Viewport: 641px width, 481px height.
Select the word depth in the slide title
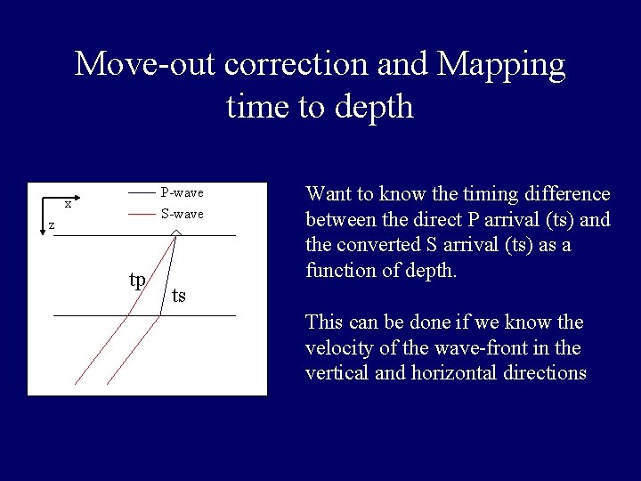point(381,107)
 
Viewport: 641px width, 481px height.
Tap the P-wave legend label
point(182,192)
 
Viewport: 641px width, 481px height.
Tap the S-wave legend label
point(182,214)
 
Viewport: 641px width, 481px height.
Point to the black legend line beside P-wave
point(141,192)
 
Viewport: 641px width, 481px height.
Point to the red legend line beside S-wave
point(141,214)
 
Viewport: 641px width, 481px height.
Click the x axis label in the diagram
point(68,203)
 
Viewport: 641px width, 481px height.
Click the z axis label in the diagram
point(51,225)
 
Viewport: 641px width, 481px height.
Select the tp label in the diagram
point(137,280)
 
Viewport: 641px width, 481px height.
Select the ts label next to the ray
point(179,296)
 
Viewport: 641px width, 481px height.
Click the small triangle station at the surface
point(176,232)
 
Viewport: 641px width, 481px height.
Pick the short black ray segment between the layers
point(167,276)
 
